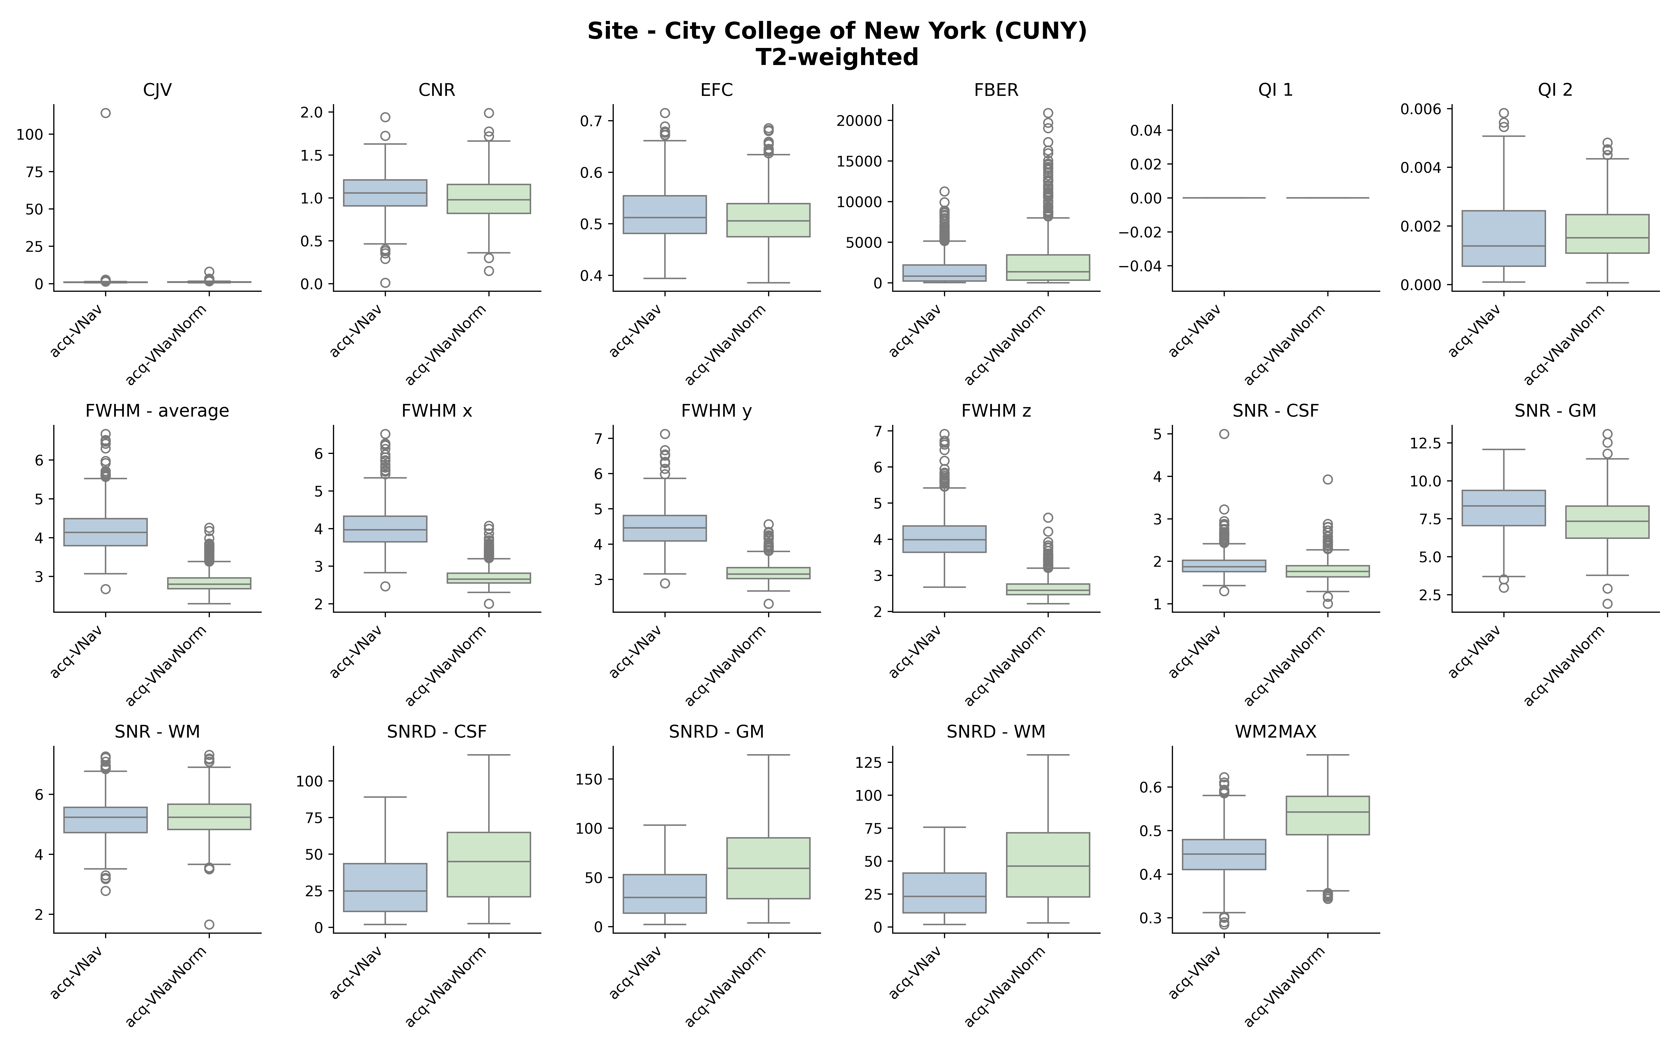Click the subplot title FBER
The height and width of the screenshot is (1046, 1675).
pyautogui.click(x=996, y=90)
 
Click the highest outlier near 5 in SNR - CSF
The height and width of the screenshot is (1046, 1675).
pyautogui.click(x=1224, y=434)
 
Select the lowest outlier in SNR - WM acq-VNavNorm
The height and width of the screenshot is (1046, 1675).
pyautogui.click(x=209, y=924)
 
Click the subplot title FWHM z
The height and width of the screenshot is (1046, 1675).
pyautogui.click(x=996, y=411)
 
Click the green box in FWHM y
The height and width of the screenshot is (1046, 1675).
pyautogui.click(x=768, y=573)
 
